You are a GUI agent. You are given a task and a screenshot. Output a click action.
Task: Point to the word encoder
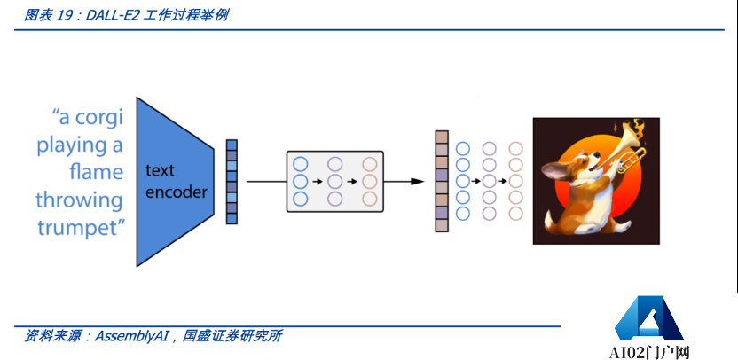tap(177, 192)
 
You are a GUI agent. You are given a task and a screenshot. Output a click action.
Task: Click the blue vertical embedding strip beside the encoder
tap(232, 181)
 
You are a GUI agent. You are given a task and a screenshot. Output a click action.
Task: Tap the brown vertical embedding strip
tap(442, 181)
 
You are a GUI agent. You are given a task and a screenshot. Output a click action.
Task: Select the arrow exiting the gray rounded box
tap(407, 181)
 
